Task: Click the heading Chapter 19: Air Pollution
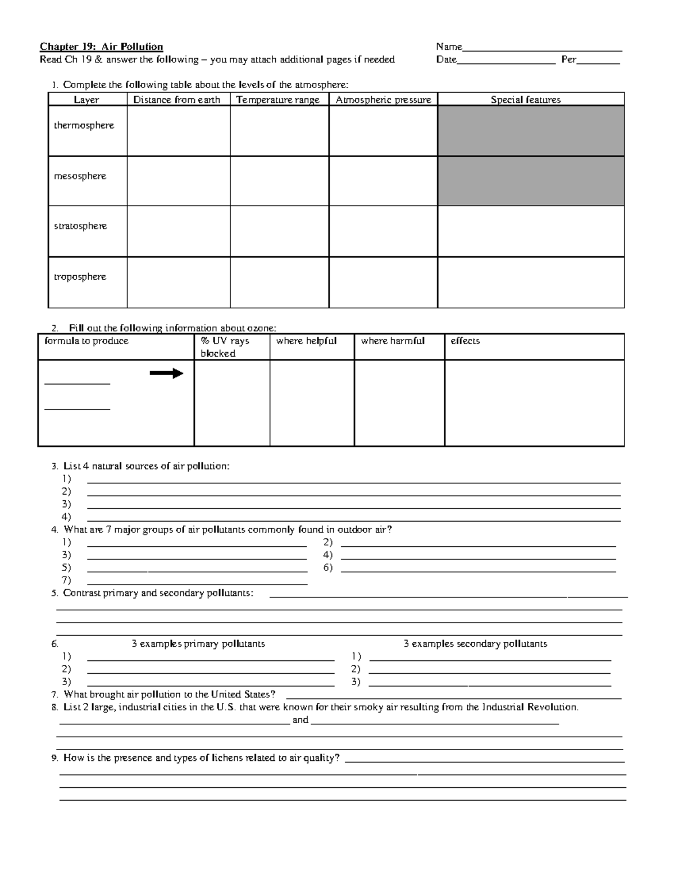click(x=101, y=47)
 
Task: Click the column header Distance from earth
click(x=177, y=100)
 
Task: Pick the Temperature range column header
click(x=278, y=100)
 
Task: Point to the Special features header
click(x=526, y=100)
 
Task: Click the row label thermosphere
click(x=84, y=126)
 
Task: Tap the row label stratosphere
click(x=80, y=226)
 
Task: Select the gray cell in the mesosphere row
click(x=531, y=181)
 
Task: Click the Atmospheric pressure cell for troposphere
click(x=382, y=282)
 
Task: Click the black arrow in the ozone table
click(x=166, y=373)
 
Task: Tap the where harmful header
click(x=393, y=341)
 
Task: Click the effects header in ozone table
click(x=465, y=341)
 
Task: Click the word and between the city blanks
click(x=300, y=720)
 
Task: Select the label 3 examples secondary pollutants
click(x=475, y=644)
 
